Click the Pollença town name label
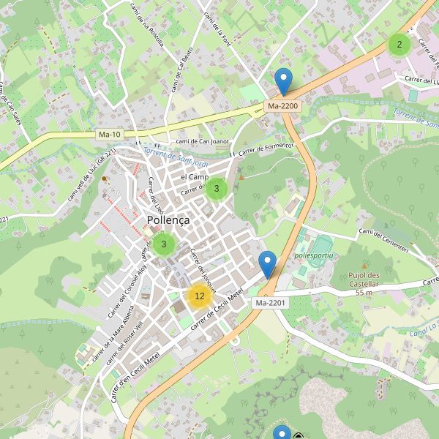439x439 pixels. tap(168, 219)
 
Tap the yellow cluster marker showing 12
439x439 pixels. tap(199, 296)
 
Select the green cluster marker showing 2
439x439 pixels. tap(399, 45)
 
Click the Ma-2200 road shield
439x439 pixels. tap(283, 106)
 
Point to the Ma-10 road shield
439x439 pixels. tap(110, 135)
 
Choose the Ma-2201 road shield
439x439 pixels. tap(271, 302)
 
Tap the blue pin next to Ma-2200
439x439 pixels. tap(282, 80)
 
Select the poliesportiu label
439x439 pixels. tap(313, 255)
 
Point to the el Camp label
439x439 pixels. tap(195, 177)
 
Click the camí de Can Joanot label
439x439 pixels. tap(203, 141)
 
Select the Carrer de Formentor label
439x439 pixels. tap(266, 149)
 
